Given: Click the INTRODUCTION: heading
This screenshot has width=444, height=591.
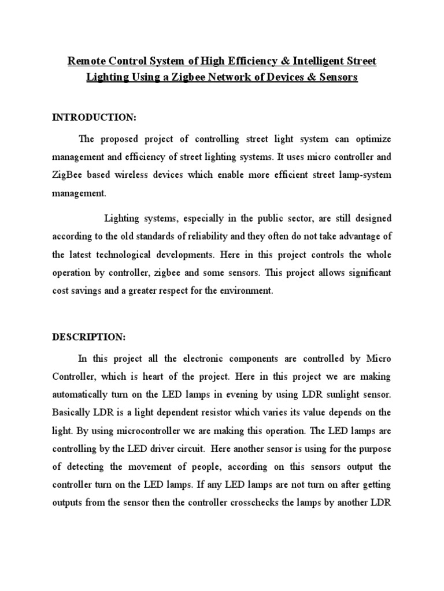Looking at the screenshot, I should (94, 118).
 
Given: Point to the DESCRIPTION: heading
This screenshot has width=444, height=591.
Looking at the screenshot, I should (88, 336).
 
